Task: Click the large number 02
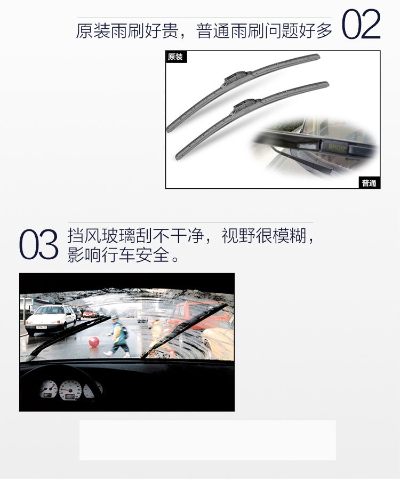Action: click(x=361, y=24)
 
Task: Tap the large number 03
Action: click(x=39, y=244)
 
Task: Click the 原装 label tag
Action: click(x=176, y=57)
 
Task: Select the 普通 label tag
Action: click(x=369, y=182)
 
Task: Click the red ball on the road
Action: click(x=94, y=341)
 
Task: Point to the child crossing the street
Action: click(x=118, y=337)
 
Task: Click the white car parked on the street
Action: click(x=50, y=319)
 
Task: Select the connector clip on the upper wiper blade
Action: click(x=237, y=77)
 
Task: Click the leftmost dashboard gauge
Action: click(x=49, y=389)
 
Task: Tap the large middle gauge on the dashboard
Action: click(x=70, y=390)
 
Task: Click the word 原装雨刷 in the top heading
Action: click(x=110, y=31)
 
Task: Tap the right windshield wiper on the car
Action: click(x=183, y=331)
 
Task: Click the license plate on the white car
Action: click(x=41, y=327)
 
